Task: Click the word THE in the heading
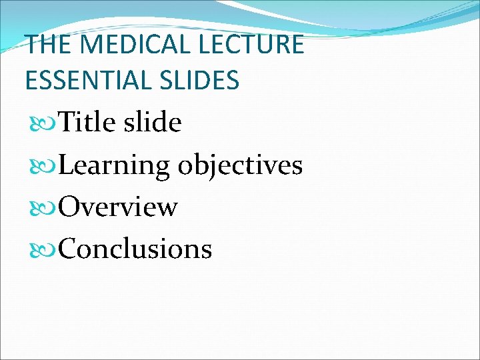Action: point(46,45)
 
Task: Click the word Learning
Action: point(114,165)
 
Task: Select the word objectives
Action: point(240,165)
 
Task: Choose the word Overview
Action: point(118,207)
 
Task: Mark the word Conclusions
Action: point(135,249)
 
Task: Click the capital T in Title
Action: point(67,123)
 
